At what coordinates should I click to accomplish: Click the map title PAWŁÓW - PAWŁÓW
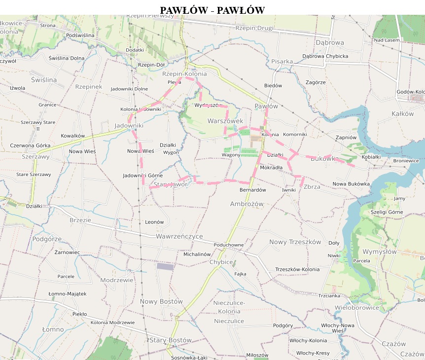(x=212, y=10)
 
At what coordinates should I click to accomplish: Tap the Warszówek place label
(x=225, y=121)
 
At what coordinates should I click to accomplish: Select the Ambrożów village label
(x=247, y=204)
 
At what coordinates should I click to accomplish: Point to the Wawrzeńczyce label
(x=179, y=236)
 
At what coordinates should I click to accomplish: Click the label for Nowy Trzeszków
(x=295, y=242)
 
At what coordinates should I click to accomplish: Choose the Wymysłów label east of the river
(x=379, y=252)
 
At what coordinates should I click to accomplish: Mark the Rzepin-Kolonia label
(x=184, y=74)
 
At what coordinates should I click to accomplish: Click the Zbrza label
(x=312, y=187)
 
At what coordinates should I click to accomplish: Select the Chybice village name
(x=221, y=262)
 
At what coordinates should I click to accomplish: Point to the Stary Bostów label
(x=170, y=340)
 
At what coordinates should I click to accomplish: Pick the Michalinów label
(x=197, y=254)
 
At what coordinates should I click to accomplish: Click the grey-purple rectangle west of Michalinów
(x=165, y=266)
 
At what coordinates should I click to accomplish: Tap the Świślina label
(x=44, y=80)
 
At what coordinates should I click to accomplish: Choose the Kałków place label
(x=402, y=114)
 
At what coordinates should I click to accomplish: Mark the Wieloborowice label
(x=357, y=308)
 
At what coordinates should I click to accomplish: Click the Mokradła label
(x=271, y=168)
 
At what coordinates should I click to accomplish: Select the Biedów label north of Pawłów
(x=273, y=85)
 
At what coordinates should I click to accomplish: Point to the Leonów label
(x=154, y=222)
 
